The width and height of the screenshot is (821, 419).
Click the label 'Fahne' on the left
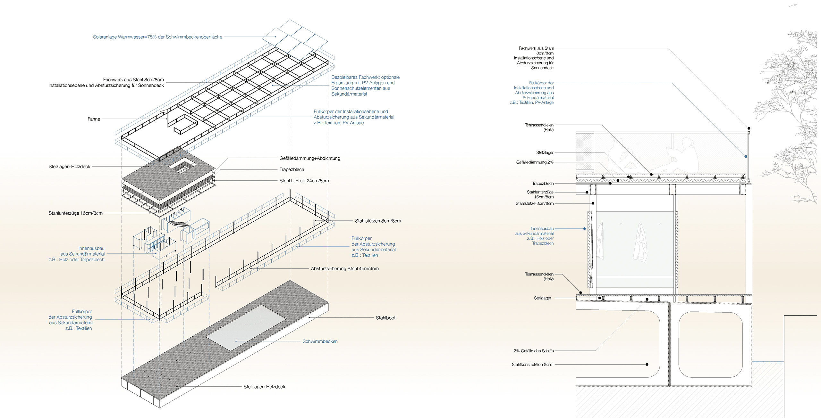tap(94, 119)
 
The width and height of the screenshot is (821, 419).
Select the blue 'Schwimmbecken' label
tap(320, 341)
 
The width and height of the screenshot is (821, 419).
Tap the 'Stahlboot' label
tap(385, 318)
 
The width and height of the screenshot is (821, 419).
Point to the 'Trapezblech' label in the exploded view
tap(292, 169)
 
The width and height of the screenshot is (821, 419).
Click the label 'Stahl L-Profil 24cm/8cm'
tap(304, 181)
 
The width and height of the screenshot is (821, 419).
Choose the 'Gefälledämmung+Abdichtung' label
tap(309, 158)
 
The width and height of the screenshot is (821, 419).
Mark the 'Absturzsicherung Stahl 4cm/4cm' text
tap(344, 269)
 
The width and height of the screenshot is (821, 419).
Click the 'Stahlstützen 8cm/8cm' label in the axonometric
tap(378, 221)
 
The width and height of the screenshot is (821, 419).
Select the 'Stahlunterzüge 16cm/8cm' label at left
tap(76, 213)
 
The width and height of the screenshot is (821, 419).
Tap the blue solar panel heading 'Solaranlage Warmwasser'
tap(157, 37)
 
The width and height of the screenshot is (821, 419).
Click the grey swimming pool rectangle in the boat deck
tap(246, 327)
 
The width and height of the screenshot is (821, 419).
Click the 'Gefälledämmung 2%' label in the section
tap(535, 162)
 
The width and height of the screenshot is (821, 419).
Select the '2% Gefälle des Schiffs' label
tap(533, 351)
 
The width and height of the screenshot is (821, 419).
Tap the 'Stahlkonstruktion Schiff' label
tap(532, 365)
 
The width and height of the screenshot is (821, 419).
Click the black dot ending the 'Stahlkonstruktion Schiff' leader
tap(647, 365)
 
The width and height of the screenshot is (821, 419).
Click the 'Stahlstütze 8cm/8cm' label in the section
tap(534, 203)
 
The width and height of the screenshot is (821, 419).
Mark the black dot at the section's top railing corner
tap(749, 128)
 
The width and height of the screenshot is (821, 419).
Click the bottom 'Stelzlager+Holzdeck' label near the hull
tap(264, 387)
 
